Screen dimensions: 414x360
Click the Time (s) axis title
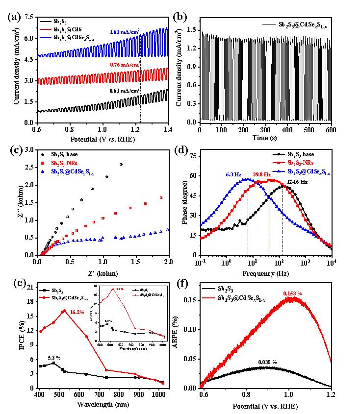pos(265,139)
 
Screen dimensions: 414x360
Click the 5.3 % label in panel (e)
pos(55,358)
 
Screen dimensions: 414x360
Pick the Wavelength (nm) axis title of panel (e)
pos(103,405)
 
